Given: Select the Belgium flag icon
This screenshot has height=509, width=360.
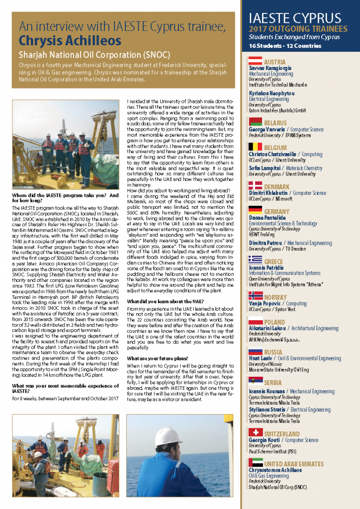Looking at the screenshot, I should click(x=255, y=147).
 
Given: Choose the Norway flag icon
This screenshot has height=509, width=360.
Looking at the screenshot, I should click(x=255, y=296).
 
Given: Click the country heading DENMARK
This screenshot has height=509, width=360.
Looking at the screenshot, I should click(x=277, y=186).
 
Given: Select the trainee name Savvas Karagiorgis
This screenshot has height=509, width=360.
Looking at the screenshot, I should click(x=270, y=68).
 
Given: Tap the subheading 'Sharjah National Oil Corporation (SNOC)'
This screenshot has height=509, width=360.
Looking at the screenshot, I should click(x=94, y=54).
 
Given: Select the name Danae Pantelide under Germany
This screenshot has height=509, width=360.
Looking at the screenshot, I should click(x=268, y=218).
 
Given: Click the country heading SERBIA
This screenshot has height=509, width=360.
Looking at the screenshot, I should click(x=273, y=383).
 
